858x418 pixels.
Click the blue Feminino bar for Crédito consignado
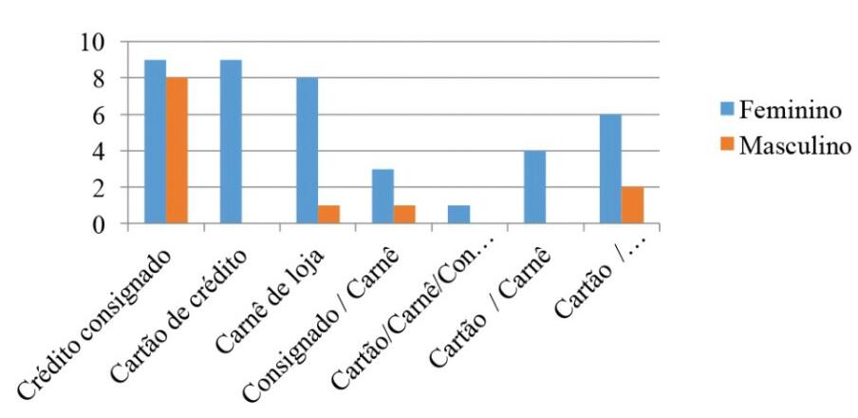[x=155, y=142]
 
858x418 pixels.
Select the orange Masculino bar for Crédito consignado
[x=177, y=151]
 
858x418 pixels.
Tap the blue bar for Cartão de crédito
[x=231, y=142]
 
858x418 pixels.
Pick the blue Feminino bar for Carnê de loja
[x=307, y=151]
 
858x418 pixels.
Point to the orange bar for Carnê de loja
[x=328, y=215]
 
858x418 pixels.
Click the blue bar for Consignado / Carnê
[x=382, y=197]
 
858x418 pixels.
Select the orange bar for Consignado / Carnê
[x=404, y=215]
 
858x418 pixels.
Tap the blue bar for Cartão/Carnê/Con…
[x=458, y=215]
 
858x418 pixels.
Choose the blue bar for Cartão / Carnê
[x=534, y=188]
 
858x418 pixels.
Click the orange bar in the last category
[x=632, y=206]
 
